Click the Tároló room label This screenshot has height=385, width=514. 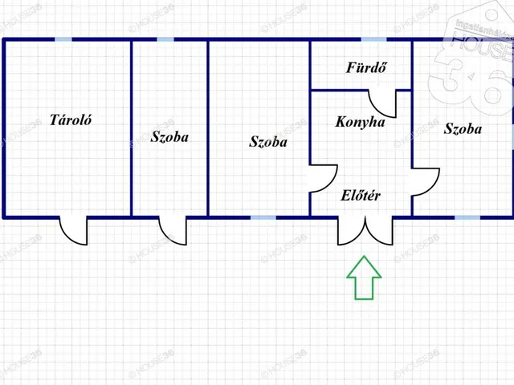[x=71, y=121]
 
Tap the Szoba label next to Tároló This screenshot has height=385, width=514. [x=169, y=137]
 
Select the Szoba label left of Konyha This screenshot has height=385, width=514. [x=268, y=142]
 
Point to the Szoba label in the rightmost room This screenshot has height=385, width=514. [x=463, y=128]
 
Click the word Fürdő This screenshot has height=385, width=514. [x=366, y=67]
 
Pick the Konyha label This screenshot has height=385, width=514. [x=360, y=123]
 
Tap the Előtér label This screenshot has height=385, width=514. [x=361, y=196]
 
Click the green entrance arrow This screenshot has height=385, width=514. [x=364, y=278]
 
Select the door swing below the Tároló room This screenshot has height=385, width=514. [x=73, y=230]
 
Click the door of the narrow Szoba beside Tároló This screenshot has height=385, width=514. [x=173, y=230]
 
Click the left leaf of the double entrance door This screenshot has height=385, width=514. [x=351, y=230]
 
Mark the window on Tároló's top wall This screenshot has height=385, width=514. [x=63, y=39]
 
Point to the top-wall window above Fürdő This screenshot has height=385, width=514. [x=373, y=39]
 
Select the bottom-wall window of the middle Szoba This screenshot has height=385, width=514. [x=263, y=217]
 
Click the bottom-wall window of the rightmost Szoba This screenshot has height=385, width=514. [x=467, y=217]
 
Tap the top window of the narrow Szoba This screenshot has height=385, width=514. [x=165, y=39]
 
